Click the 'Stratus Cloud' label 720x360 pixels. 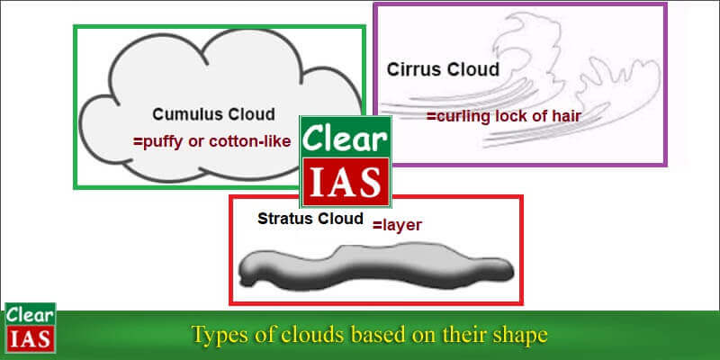pyautogui.click(x=310, y=219)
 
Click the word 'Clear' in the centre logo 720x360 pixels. pyautogui.click(x=345, y=137)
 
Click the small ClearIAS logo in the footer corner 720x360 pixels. pyautogui.click(x=30, y=328)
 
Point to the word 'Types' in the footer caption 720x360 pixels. pyautogui.click(x=219, y=335)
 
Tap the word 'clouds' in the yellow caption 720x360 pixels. pyautogui.click(x=303, y=335)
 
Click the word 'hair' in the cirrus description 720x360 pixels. pyautogui.click(x=565, y=116)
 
